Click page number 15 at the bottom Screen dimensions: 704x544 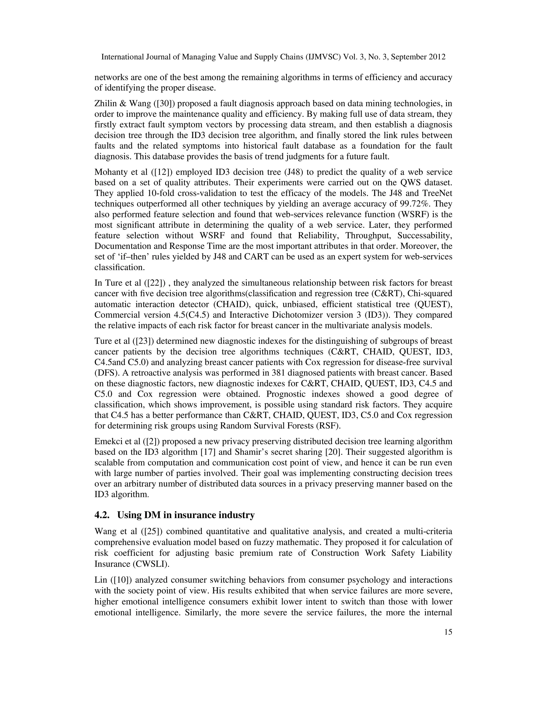click(448, 632)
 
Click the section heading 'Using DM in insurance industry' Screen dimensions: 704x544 click(186, 515)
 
